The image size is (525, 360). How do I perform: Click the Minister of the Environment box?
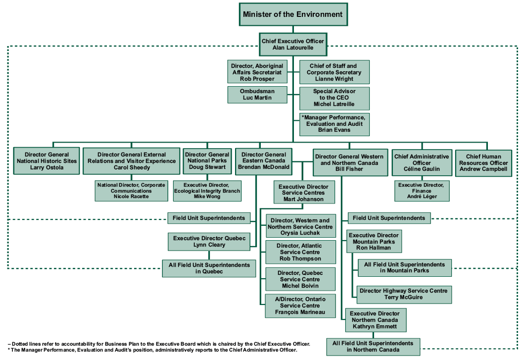(x=292, y=14)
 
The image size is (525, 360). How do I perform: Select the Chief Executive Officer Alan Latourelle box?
(x=293, y=45)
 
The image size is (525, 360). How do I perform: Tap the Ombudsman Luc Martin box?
(x=257, y=95)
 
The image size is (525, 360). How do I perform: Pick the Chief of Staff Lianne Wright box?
(x=334, y=72)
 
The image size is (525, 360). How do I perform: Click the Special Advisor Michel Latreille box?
(x=334, y=98)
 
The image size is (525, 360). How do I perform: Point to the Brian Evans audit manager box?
(x=334, y=124)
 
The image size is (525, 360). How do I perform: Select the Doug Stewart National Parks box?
(x=207, y=161)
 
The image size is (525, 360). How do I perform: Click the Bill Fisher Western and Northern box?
(x=351, y=162)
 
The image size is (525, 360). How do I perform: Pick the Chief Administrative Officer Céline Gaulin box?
(x=422, y=163)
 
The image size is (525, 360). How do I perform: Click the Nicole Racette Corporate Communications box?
(x=132, y=191)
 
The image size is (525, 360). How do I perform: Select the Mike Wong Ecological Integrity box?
(x=208, y=191)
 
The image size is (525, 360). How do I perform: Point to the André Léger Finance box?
(x=422, y=191)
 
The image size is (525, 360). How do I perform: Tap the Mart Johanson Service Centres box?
(x=304, y=193)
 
